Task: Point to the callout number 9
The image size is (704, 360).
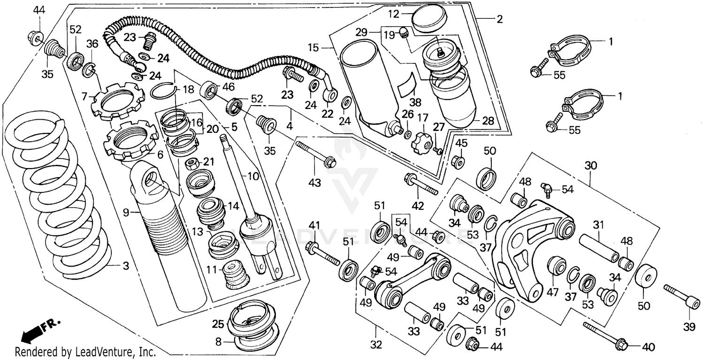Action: point(126,212)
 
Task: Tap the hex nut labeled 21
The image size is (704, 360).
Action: point(191,163)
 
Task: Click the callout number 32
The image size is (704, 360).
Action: point(376,345)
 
